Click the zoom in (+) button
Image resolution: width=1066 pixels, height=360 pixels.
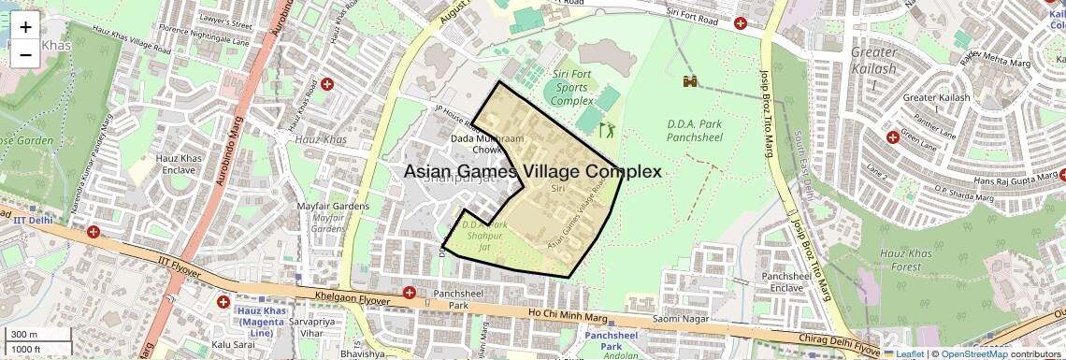click(25, 27)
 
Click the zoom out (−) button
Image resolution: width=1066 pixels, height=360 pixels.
click(25, 55)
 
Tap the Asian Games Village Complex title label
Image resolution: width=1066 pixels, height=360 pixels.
click(533, 172)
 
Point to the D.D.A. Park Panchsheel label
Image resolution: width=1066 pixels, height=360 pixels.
click(693, 130)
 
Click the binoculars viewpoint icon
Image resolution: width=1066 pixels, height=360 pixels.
click(691, 82)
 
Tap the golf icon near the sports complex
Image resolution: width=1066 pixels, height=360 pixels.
click(607, 129)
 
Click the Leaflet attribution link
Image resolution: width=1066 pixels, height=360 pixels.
click(903, 353)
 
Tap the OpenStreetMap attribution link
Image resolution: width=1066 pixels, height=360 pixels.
click(974, 353)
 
